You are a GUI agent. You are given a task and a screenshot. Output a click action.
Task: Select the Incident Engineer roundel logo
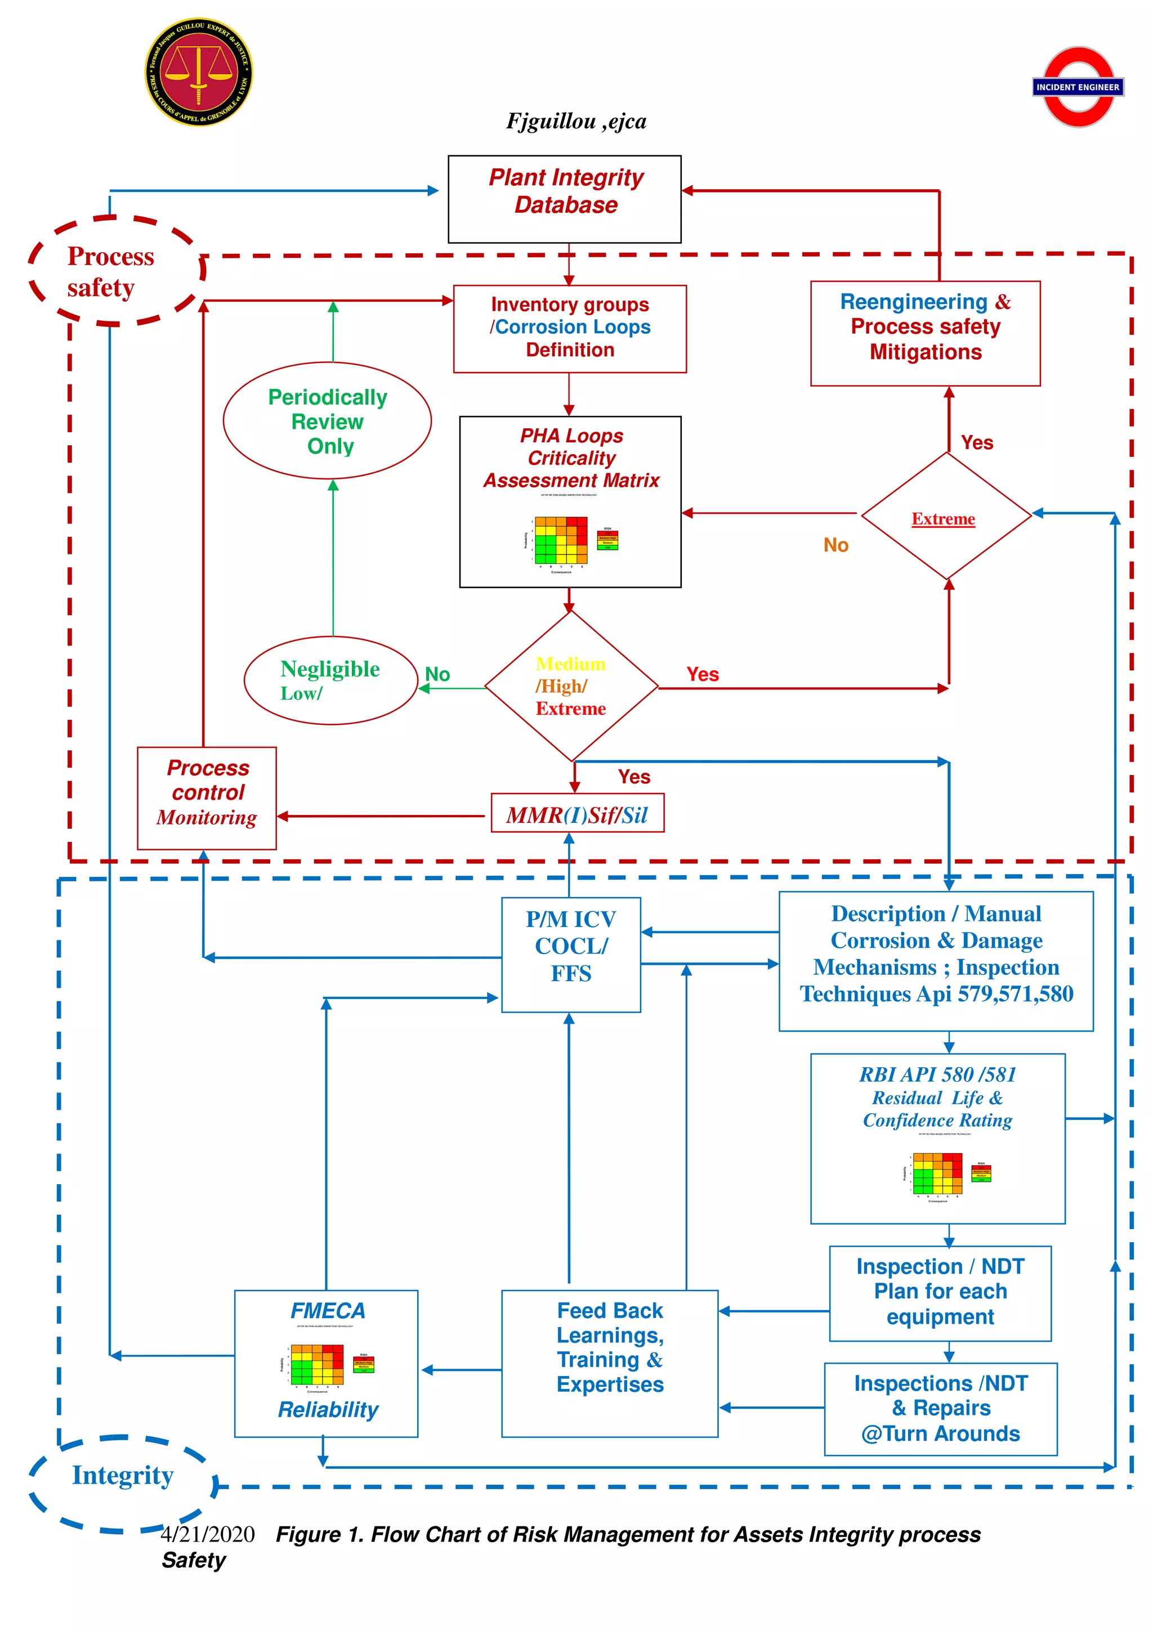pyautogui.click(x=1078, y=87)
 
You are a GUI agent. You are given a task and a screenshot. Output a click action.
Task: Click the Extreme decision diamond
pyautogui.click(x=946, y=517)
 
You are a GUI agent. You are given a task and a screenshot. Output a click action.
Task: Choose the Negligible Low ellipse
pyautogui.click(x=330, y=680)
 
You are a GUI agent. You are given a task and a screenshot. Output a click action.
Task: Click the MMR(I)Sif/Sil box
pyautogui.click(x=577, y=814)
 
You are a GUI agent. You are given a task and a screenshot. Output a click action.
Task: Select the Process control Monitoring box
pyautogui.click(x=207, y=797)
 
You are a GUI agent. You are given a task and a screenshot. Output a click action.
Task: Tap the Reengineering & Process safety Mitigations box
pyautogui.click(x=925, y=333)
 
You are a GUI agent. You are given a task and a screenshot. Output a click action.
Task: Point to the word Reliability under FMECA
pyautogui.click(x=328, y=1409)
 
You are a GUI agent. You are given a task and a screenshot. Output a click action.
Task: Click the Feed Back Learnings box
pyautogui.click(x=610, y=1362)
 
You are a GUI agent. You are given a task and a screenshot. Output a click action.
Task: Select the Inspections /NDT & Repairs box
pyautogui.click(x=940, y=1408)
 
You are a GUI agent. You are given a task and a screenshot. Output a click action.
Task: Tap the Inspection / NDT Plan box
pyautogui.click(x=940, y=1292)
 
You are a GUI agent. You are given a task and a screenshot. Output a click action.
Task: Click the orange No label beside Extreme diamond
pyautogui.click(x=835, y=545)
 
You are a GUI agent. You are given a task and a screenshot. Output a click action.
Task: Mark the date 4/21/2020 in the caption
pyautogui.click(x=207, y=1534)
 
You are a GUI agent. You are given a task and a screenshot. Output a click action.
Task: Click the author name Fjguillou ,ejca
pyautogui.click(x=576, y=122)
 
